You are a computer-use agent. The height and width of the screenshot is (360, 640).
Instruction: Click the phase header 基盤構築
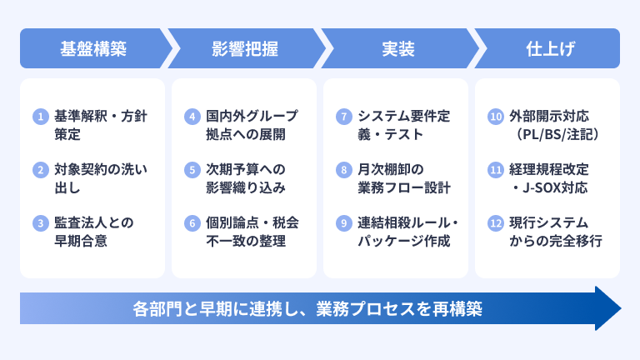(93, 48)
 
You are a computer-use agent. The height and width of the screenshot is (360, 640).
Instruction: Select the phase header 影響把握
(245, 48)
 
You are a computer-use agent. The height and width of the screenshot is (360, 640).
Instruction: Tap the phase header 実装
(398, 48)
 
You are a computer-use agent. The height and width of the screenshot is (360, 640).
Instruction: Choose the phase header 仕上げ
(550, 48)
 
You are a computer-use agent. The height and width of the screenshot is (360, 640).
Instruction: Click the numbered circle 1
(40, 117)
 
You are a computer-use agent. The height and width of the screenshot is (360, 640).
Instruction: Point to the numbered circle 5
(192, 170)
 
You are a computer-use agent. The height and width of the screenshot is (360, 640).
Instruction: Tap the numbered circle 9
(344, 223)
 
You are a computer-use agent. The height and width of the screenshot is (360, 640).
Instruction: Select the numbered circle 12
(496, 223)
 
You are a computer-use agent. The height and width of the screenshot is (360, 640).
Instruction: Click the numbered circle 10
(496, 117)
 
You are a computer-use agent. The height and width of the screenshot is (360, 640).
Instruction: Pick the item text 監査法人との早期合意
(94, 232)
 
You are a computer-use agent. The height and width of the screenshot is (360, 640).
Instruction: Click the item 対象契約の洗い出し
(100, 178)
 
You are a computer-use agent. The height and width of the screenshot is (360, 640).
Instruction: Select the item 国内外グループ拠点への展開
(252, 125)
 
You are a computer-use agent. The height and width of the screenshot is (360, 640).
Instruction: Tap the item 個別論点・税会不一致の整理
(252, 232)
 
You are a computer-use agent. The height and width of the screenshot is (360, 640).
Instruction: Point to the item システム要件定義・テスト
(403, 125)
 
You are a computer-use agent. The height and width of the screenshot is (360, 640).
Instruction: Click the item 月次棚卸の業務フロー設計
(404, 178)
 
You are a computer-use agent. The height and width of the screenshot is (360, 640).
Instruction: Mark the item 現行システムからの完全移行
(556, 232)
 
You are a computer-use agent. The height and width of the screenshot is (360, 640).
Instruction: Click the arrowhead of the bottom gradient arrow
(608, 308)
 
